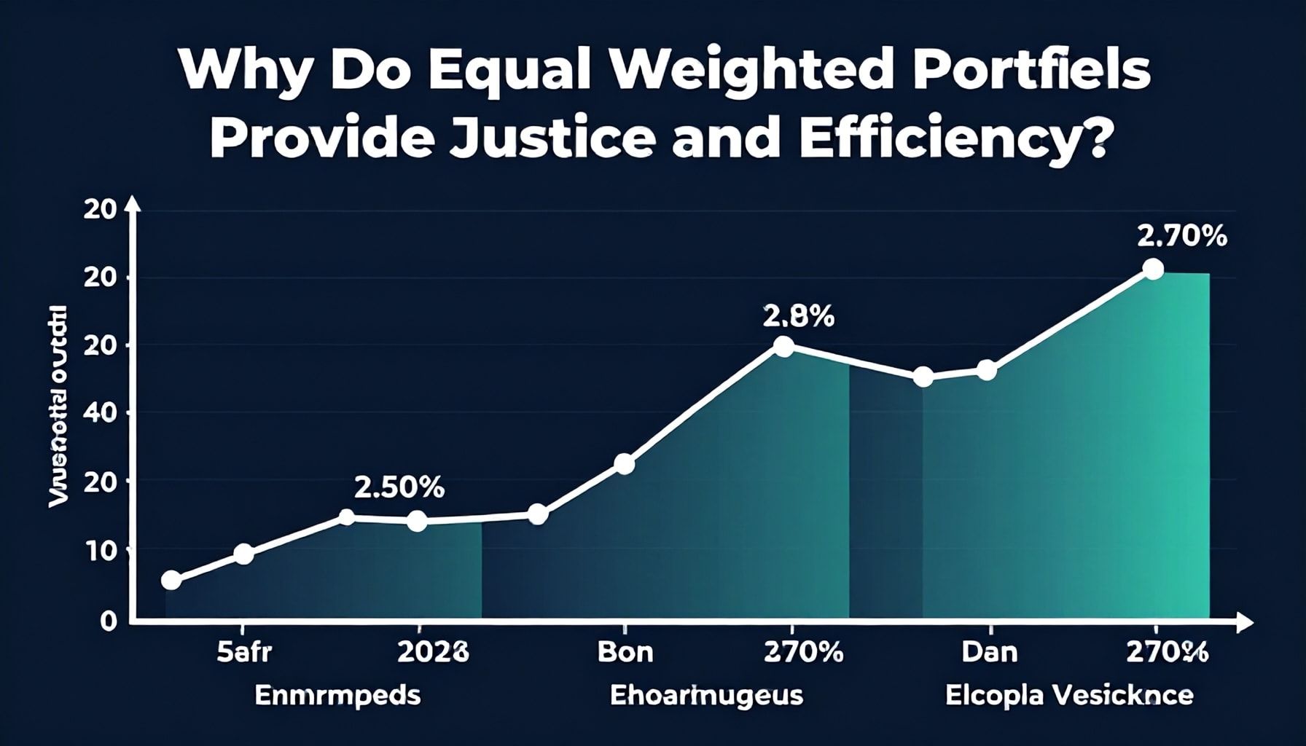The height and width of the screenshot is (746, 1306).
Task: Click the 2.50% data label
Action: [399, 487]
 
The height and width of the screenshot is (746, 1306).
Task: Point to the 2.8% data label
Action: [799, 316]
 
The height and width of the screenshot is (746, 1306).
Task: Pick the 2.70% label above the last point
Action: [1181, 237]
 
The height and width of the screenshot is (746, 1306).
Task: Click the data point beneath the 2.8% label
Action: [783, 347]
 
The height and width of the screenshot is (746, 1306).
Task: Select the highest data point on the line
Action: [1153, 269]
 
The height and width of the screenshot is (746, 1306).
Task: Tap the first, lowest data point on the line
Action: [171, 580]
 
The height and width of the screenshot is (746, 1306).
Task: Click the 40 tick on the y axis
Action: [100, 412]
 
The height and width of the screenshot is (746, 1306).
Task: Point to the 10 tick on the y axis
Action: [100, 551]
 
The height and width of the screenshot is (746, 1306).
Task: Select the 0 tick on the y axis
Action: [109, 621]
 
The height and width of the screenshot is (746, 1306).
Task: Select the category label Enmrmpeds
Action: [337, 696]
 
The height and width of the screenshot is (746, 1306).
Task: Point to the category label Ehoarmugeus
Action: [706, 696]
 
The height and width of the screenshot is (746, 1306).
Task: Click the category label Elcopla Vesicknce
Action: [1069, 696]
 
